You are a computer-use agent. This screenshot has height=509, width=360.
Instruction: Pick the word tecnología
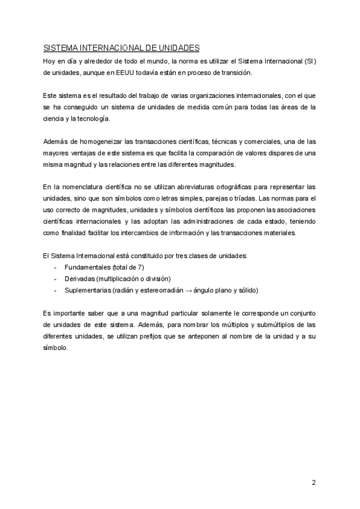pos(95,119)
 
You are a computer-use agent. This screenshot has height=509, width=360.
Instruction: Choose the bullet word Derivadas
pos(80,279)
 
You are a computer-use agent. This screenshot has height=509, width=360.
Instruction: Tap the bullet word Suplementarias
pos(88,291)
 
